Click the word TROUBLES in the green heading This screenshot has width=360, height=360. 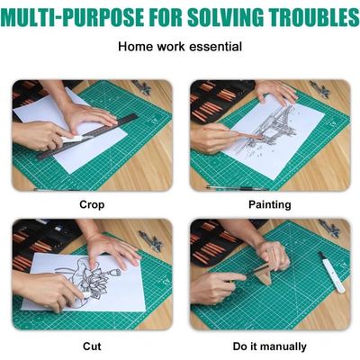[x=313, y=17]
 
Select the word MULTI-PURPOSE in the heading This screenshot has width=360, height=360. [x=73, y=17]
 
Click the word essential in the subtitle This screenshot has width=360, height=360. [x=216, y=47]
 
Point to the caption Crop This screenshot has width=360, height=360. [x=92, y=204]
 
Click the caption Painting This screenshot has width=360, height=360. [x=270, y=204]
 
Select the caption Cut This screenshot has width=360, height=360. [x=92, y=346]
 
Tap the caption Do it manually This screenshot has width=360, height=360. [x=270, y=346]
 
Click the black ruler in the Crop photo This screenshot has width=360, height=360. [x=87, y=137]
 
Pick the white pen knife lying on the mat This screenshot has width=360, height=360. [x=331, y=272]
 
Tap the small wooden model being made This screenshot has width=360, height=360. [x=265, y=272]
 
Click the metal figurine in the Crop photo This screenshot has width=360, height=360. [x=141, y=87]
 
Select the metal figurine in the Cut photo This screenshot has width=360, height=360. [x=151, y=240]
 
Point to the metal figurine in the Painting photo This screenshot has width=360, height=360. [x=320, y=89]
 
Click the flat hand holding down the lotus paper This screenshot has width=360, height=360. [x=111, y=250]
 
